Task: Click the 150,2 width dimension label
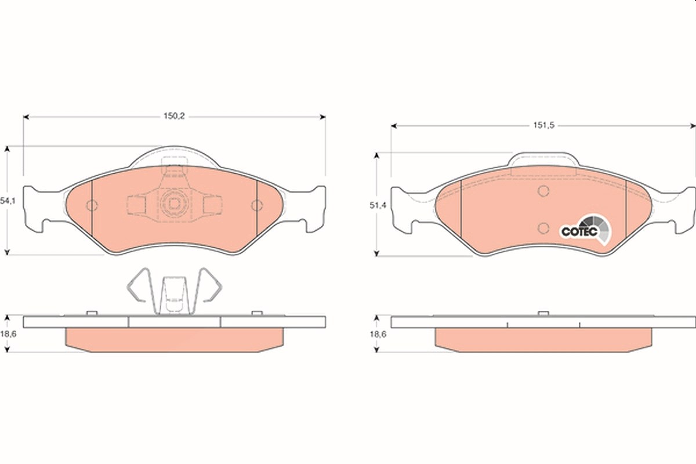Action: (x=174, y=116)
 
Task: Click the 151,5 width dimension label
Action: (x=544, y=125)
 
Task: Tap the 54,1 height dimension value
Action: (x=8, y=201)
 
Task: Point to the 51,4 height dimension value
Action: (x=378, y=205)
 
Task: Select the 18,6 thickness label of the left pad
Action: (x=8, y=334)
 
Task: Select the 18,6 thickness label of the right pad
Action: (x=378, y=335)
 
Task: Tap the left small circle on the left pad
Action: (x=92, y=205)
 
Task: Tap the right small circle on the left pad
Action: (x=257, y=205)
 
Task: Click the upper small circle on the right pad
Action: (x=543, y=191)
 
